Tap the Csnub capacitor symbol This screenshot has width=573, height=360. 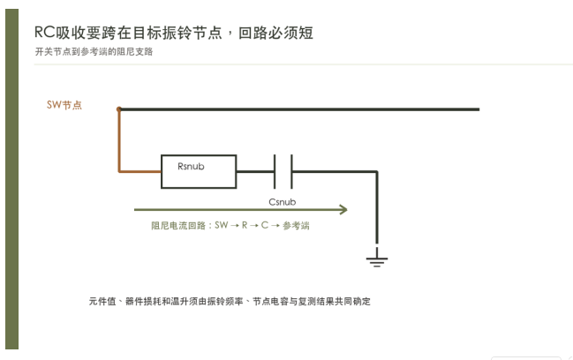[x=283, y=171]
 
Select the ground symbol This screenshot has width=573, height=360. [x=377, y=258]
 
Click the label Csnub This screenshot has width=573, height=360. [x=283, y=202]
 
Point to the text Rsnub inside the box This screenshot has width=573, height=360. [x=191, y=167]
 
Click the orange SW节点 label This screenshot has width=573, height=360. [x=64, y=105]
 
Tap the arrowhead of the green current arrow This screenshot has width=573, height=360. [x=343, y=210]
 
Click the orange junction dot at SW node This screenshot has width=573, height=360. [x=119, y=109]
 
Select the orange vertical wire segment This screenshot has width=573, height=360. [x=119, y=140]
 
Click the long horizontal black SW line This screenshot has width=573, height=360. [x=299, y=109]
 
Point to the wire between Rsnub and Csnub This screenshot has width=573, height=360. [x=255, y=171]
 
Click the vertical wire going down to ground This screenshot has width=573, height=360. [x=377, y=207]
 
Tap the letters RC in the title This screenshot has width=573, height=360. [x=44, y=32]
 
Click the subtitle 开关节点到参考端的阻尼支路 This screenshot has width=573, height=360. [x=94, y=51]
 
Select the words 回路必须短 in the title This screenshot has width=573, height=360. [x=275, y=33]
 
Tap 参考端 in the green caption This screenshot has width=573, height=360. [x=296, y=226]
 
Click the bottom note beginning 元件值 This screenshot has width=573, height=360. [x=230, y=301]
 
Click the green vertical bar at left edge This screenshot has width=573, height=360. [x=12, y=179]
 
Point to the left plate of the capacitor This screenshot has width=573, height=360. [x=275, y=171]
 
